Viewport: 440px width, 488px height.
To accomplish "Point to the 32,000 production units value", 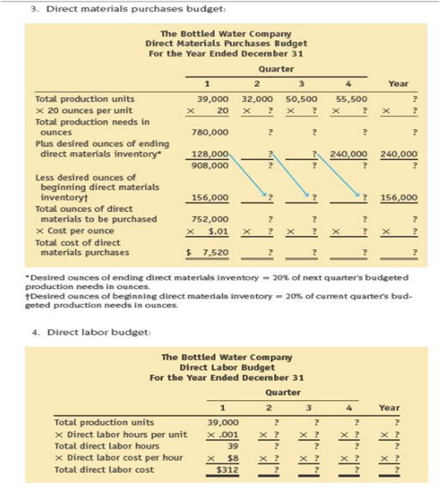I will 257,99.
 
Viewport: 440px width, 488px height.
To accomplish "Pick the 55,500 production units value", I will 350,99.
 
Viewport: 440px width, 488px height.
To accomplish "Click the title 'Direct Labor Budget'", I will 226,367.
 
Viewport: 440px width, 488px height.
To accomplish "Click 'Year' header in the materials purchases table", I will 398,83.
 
